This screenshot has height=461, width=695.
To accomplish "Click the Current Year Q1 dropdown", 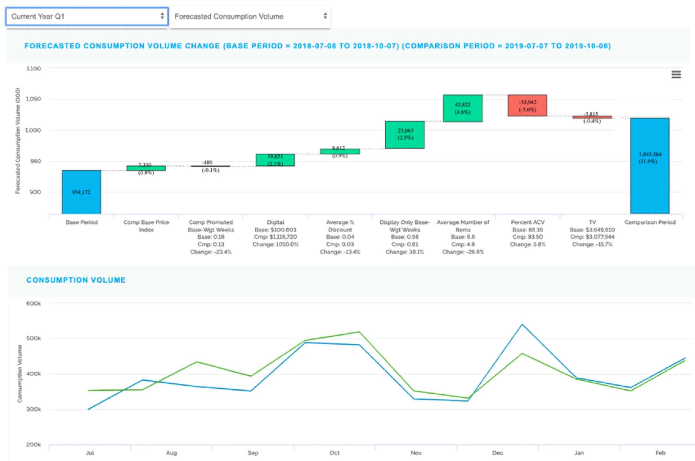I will pyautogui.click(x=87, y=16).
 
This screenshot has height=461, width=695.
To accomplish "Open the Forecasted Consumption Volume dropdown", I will pyautogui.click(x=250, y=16).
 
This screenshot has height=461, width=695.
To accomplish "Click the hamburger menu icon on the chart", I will pyautogui.click(x=676, y=74).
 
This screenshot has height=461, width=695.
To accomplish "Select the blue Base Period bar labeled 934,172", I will pyautogui.click(x=81, y=192).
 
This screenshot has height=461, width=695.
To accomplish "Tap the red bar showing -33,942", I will pyautogui.click(x=527, y=105).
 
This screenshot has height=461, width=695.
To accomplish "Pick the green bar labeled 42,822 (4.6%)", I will pyautogui.click(x=462, y=108).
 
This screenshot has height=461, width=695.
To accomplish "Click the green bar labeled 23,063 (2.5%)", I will pyautogui.click(x=405, y=135).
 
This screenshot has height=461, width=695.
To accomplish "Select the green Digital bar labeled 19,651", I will pyautogui.click(x=275, y=160).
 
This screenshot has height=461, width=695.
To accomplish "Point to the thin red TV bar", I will pyautogui.click(x=592, y=117).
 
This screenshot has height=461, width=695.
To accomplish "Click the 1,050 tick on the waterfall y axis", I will pyautogui.click(x=33, y=99).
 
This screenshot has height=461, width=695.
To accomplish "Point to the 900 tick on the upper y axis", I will pyautogui.click(x=35, y=192).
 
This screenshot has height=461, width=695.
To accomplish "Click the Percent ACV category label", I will pyautogui.click(x=528, y=222).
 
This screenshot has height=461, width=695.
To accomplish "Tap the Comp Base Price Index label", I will pyautogui.click(x=146, y=226).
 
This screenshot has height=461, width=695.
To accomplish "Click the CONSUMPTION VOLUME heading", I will pyautogui.click(x=76, y=280).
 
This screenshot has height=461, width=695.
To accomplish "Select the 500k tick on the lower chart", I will pyautogui.click(x=33, y=338).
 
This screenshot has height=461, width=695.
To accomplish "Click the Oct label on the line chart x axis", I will pyautogui.click(x=334, y=453).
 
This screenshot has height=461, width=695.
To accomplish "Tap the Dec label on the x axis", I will pyautogui.click(x=497, y=453).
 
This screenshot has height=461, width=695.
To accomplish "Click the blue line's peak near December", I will pyautogui.click(x=522, y=325).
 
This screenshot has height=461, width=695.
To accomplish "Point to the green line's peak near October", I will pyautogui.click(x=359, y=332).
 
